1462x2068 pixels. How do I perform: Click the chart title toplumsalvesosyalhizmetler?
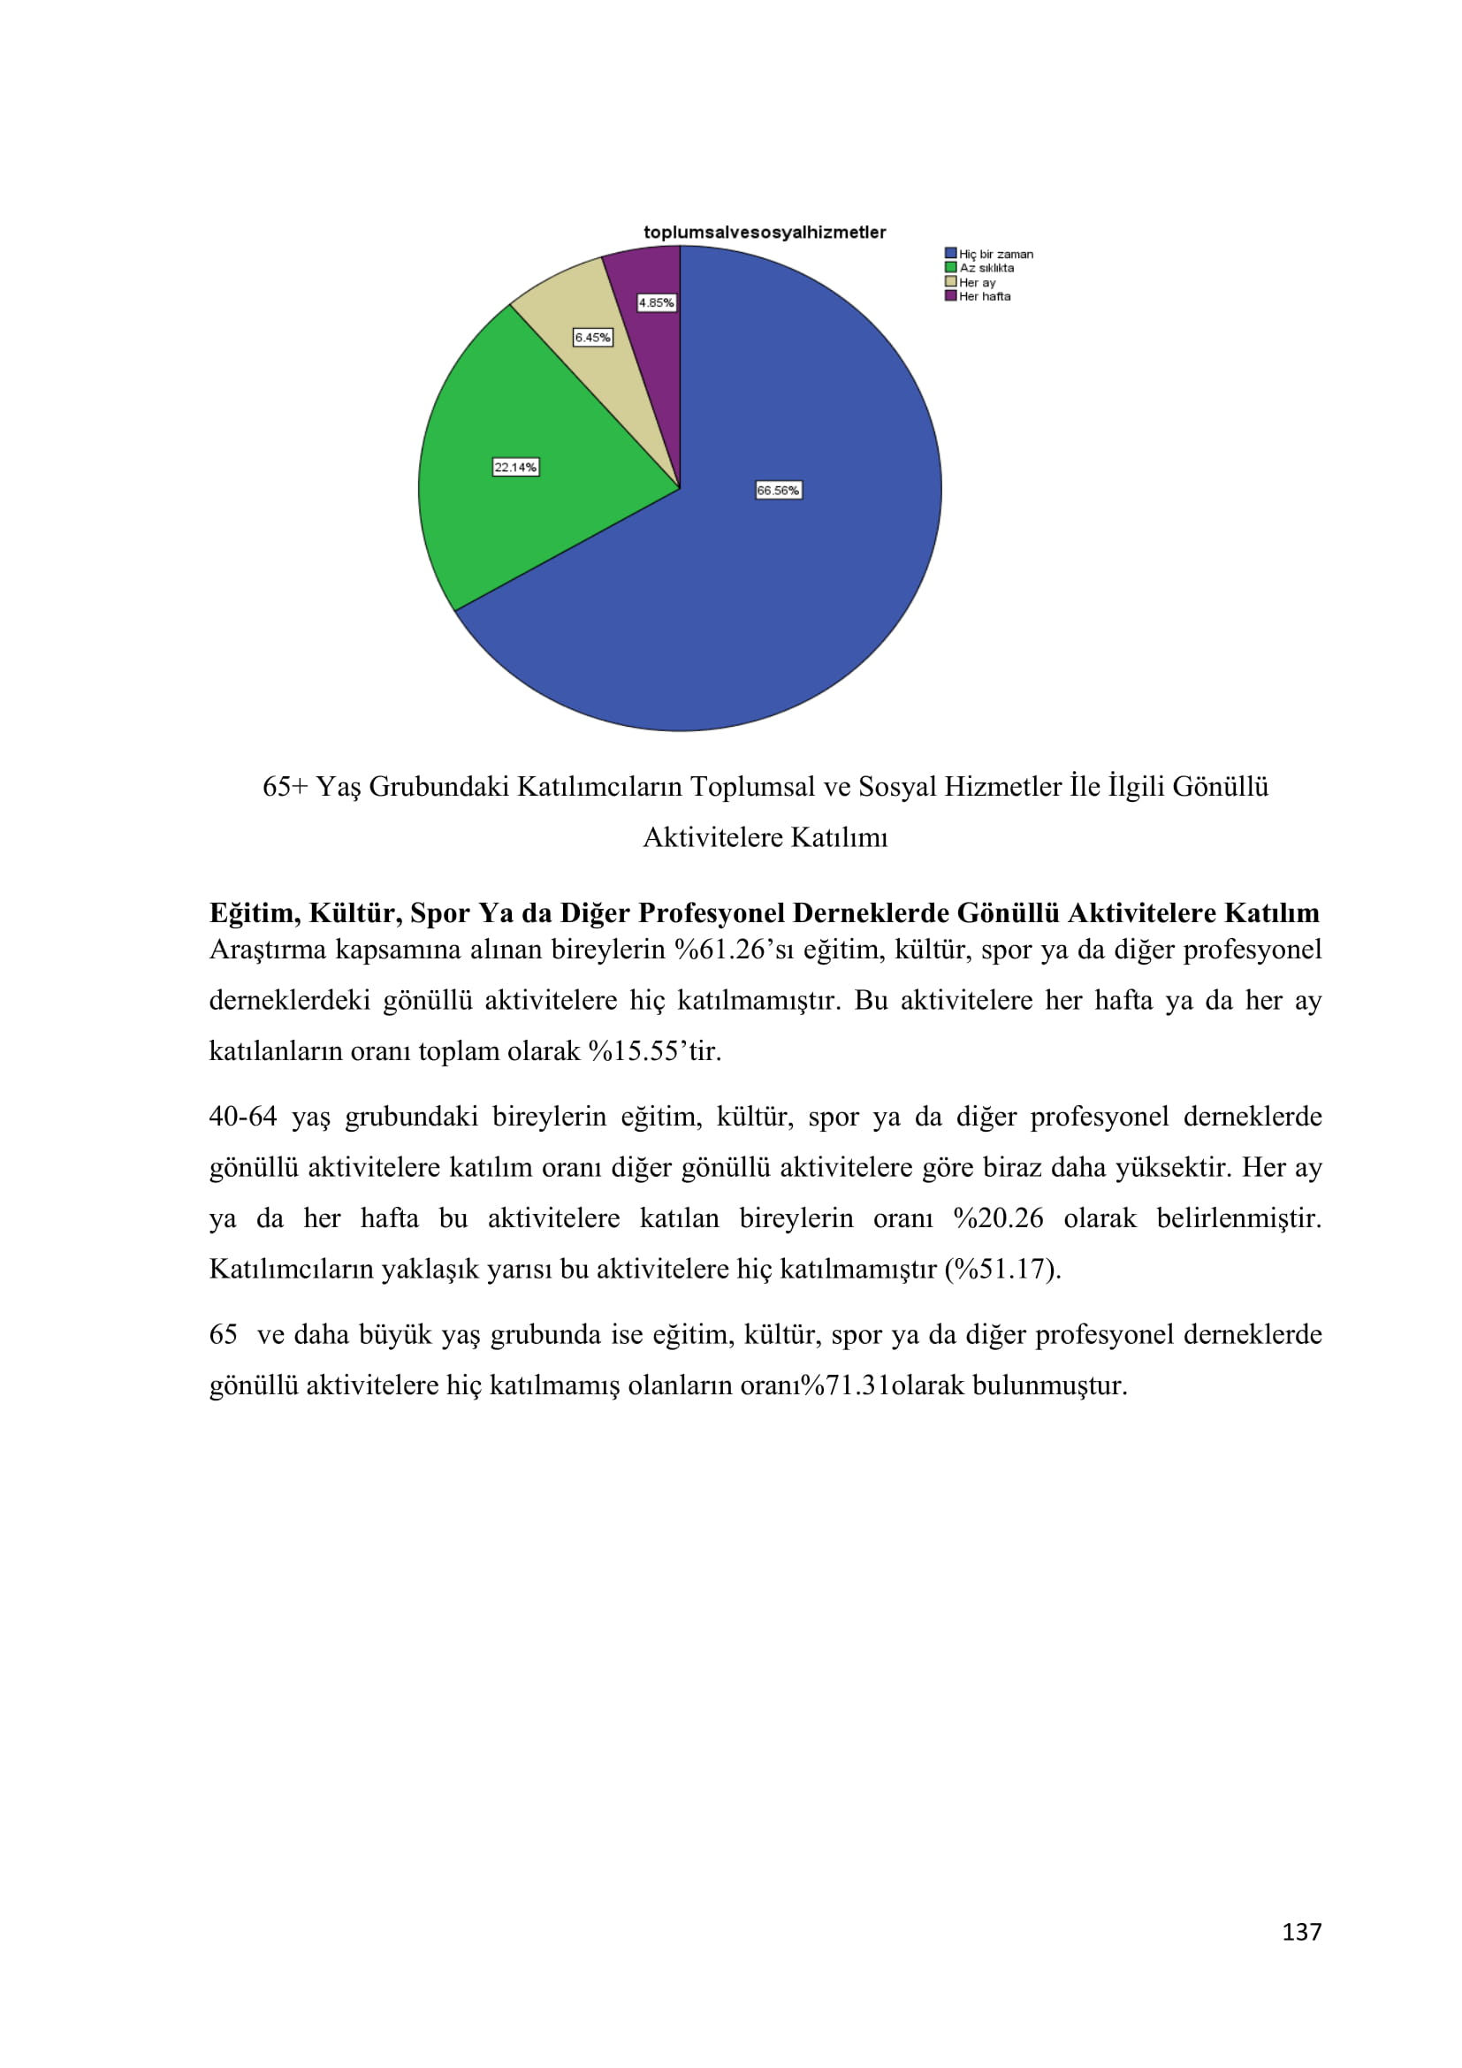(x=765, y=233)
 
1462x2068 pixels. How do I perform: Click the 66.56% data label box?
(x=778, y=491)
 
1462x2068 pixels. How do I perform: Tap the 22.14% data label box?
(x=515, y=468)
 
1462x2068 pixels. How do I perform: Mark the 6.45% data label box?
(x=592, y=338)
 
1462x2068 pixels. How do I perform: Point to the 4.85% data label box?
(x=656, y=302)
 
